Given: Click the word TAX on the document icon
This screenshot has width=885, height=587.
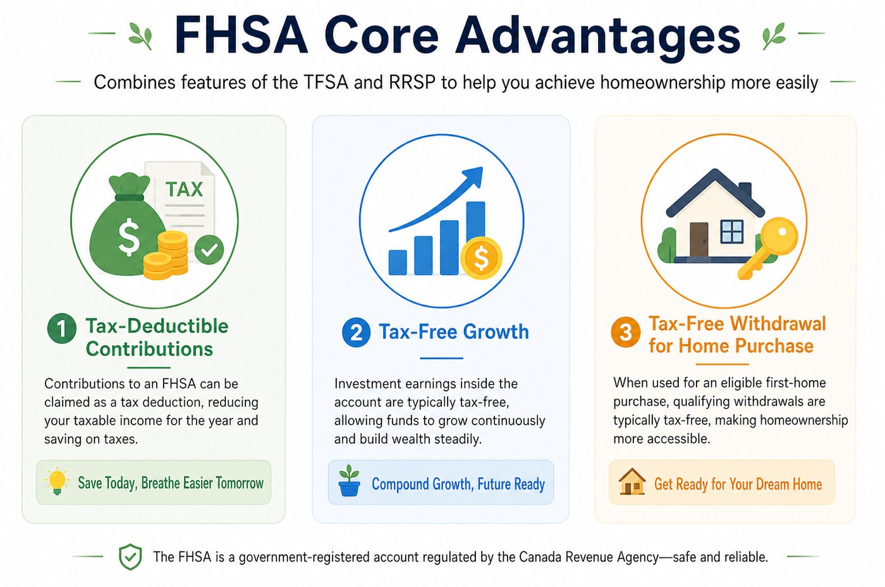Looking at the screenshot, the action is (184, 189).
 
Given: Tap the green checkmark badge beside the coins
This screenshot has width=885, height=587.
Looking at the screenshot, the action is (209, 249).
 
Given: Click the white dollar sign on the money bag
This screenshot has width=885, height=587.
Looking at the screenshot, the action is (129, 237).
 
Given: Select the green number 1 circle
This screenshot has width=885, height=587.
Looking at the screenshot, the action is (62, 328).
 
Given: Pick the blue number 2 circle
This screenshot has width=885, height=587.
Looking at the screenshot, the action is (356, 333).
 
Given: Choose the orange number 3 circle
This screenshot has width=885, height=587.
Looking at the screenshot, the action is (625, 333).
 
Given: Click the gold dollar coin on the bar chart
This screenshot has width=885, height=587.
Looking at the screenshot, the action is (481, 257).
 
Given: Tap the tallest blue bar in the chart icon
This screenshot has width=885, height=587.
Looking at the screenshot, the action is (475, 233).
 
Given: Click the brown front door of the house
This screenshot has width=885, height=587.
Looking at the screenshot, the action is (699, 240).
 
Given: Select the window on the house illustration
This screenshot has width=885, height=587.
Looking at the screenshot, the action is (732, 232).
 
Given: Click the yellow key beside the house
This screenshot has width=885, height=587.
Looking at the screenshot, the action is (768, 248).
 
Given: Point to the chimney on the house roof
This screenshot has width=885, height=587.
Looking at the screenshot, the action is (745, 190).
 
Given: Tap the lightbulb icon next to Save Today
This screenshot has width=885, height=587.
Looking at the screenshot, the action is (57, 481).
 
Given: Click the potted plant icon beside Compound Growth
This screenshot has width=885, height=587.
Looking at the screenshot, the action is (349, 481).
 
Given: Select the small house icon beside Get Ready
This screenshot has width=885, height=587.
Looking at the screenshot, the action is (632, 481).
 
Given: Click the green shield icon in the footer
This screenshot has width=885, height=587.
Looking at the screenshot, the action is (130, 557).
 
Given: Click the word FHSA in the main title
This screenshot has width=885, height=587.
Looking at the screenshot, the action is (241, 36).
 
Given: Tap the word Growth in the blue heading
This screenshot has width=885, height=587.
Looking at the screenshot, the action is (496, 331).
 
